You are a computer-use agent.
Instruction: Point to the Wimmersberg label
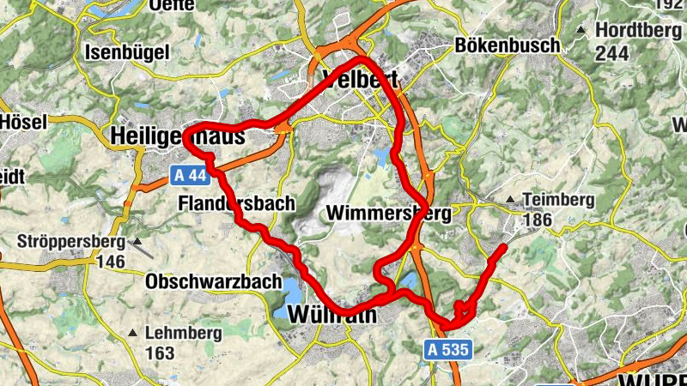[x=389, y=214]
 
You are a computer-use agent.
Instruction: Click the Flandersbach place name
[x=237, y=204]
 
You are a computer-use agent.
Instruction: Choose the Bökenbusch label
[x=508, y=45]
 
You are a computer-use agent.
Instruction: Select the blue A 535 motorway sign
[x=447, y=349]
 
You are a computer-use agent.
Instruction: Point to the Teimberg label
[x=558, y=200]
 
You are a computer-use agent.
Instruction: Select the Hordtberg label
[x=631, y=30]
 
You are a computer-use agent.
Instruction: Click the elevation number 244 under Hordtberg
[x=611, y=53]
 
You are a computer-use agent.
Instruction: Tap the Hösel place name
[x=23, y=122]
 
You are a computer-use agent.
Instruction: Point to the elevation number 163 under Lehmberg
[x=160, y=353]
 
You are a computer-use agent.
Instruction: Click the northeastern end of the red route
[x=502, y=248]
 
